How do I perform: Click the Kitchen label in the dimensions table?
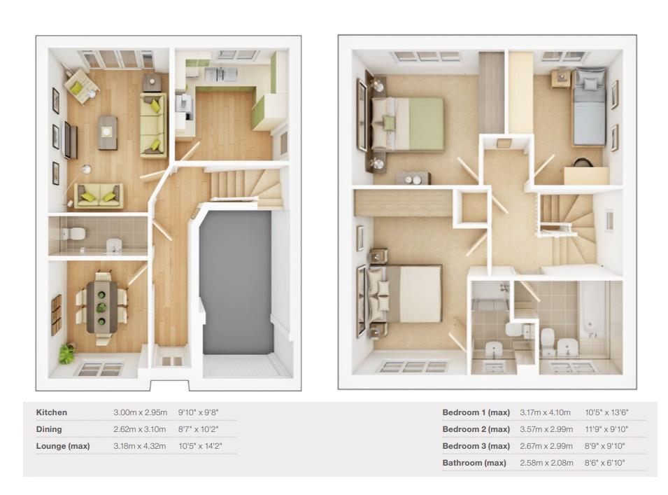coord(52,412)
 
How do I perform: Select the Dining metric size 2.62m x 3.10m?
coord(139,429)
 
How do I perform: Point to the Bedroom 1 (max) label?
coord(476,412)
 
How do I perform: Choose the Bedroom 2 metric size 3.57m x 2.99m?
coord(545,429)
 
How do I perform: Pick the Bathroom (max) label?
coord(474,463)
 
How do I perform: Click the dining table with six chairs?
coord(102,306)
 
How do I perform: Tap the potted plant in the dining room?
coord(67,354)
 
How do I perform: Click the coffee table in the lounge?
coord(107,131)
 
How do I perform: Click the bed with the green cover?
coord(412,124)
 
